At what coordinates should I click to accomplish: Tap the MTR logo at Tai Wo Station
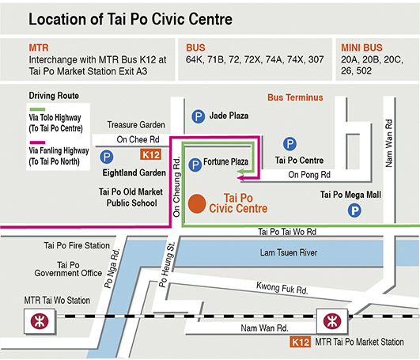click(x=36, y=321)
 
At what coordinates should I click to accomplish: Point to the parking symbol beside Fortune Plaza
click(x=194, y=164)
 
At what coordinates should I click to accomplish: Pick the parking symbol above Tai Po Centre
click(x=290, y=144)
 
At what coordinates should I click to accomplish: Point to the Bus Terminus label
click(x=296, y=98)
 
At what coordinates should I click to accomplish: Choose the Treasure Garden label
click(x=136, y=125)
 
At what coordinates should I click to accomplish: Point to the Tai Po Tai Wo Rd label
click(x=288, y=233)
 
